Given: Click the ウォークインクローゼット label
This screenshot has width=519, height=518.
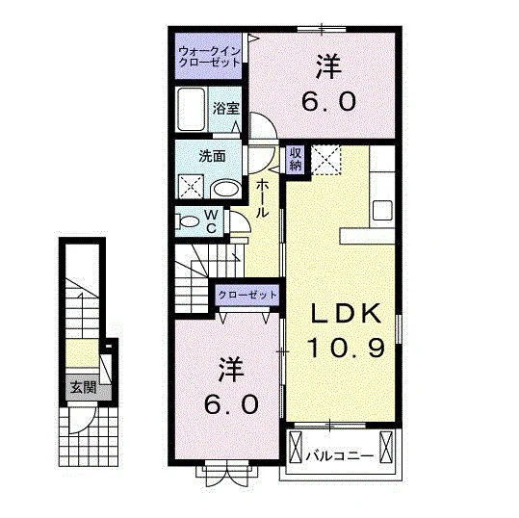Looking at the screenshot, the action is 209,57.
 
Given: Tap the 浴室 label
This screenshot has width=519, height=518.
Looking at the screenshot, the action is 226,108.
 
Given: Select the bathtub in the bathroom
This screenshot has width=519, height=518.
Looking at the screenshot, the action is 191,110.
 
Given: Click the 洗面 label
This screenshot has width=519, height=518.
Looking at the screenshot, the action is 212,156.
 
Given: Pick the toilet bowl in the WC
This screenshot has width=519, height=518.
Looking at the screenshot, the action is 189,221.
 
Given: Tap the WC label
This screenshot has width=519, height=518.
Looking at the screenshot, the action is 211,221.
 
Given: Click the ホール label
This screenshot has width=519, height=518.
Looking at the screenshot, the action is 262,198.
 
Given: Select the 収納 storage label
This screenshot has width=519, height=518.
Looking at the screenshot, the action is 296,160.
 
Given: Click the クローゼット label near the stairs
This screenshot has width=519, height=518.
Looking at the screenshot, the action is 247,295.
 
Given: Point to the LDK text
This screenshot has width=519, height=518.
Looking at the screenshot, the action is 346,314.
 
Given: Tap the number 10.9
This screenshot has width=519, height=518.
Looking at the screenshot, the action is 347,348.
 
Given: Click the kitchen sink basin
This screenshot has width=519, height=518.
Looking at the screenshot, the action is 382,210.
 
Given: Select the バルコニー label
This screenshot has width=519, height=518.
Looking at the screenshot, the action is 340,456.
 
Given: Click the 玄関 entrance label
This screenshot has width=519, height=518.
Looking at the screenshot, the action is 84,387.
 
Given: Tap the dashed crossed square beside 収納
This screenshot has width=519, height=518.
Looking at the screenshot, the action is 325,160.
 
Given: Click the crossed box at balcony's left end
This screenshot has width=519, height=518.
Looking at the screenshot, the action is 296,447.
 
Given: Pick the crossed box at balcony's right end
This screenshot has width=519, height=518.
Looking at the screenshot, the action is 386,447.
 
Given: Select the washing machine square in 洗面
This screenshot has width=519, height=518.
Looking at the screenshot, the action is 191,187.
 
